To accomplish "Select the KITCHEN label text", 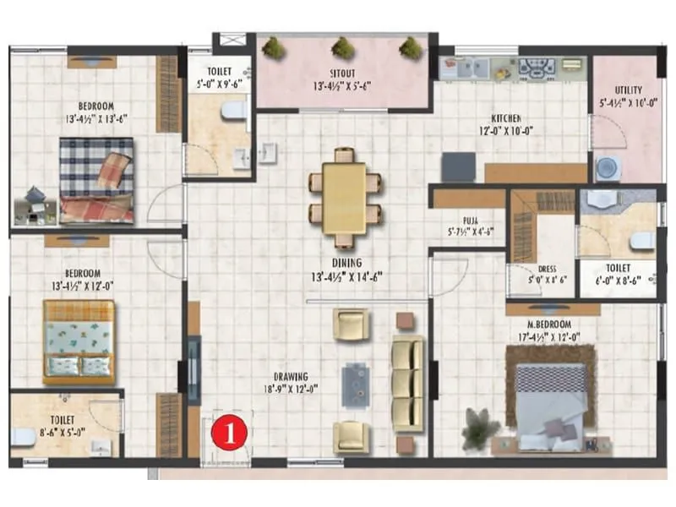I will coord(506,118).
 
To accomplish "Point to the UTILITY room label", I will coord(628,90).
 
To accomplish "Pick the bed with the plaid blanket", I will coord(96,180).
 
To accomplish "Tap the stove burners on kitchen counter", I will coord(536,66).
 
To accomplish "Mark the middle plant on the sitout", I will coord(343,47).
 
